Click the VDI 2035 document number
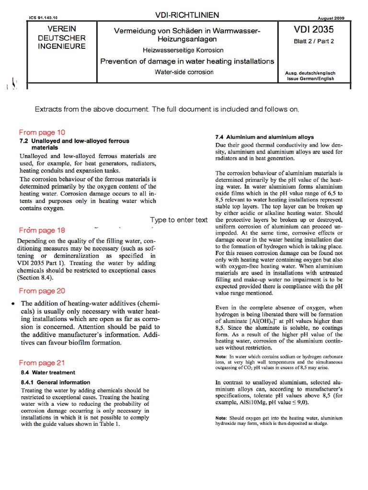314,30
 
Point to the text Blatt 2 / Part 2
314,41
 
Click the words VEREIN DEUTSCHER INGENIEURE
62,38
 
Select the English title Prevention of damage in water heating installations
187,61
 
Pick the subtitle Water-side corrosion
184,72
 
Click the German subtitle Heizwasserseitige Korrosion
183,50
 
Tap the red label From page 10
42,133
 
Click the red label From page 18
42,230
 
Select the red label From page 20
42,291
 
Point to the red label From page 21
42,363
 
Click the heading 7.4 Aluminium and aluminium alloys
263,137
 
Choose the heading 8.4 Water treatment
47,372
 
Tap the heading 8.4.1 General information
55,382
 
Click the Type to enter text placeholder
179,220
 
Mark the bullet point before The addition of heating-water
12,304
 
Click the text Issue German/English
310,78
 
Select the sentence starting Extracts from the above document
167,110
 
